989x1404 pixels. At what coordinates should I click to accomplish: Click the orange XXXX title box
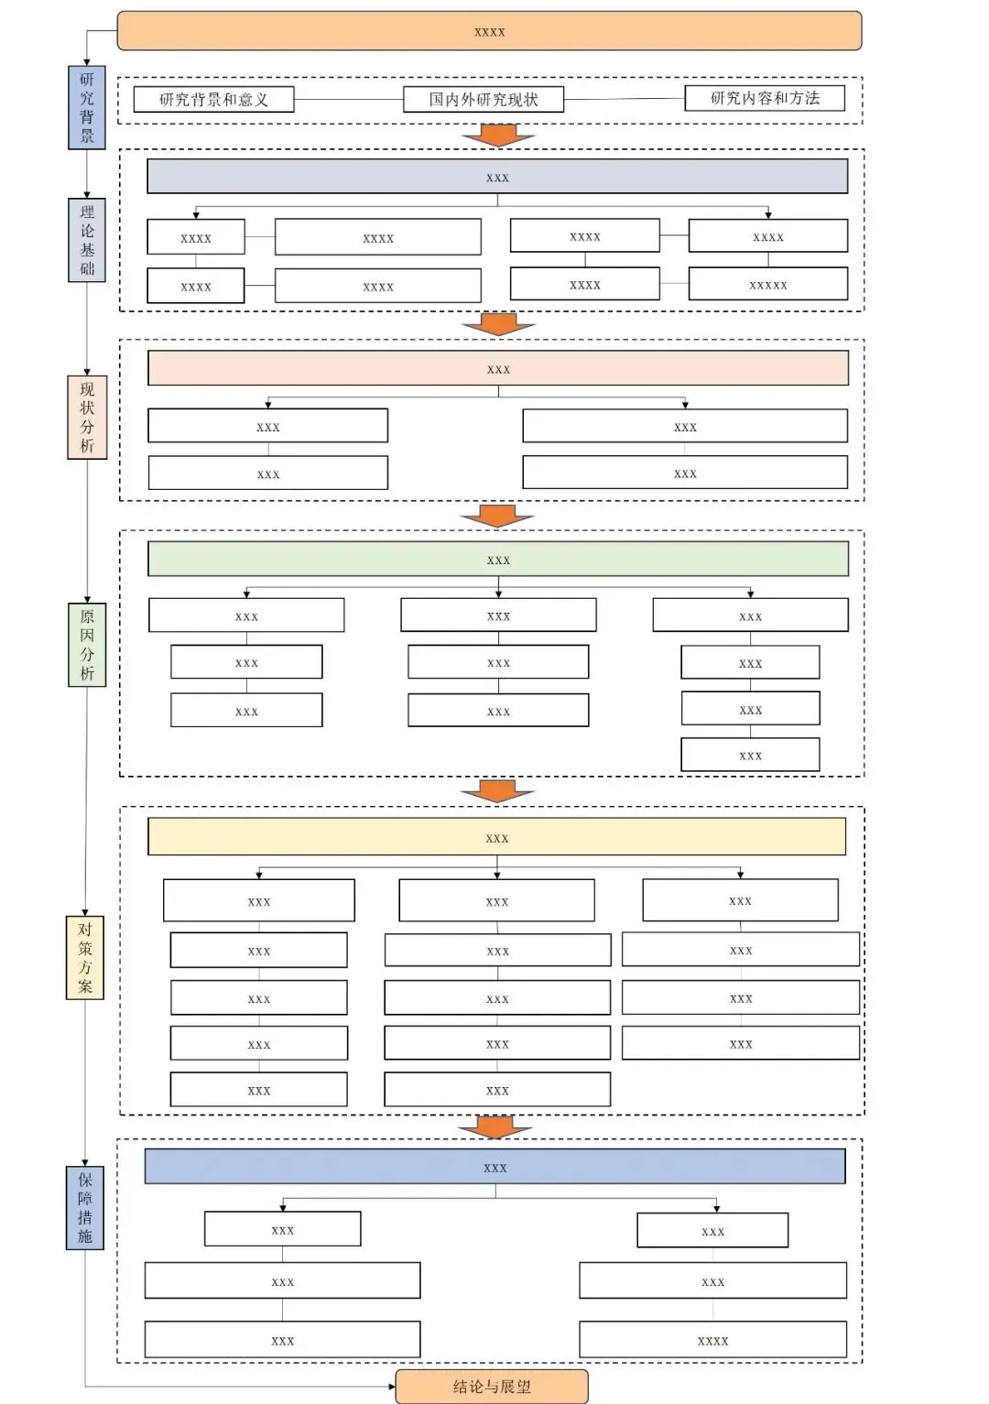coord(489,30)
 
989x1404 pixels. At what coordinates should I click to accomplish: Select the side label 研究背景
coord(86,107)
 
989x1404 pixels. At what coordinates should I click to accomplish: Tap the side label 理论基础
coord(86,240)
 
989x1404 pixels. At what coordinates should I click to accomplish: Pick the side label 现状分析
coord(86,418)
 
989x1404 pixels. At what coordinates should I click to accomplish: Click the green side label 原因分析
coord(86,645)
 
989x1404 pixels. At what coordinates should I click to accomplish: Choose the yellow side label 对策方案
coord(84,957)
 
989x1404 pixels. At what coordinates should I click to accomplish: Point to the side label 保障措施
coord(84,1208)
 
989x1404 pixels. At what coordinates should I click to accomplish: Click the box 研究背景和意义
coord(213,99)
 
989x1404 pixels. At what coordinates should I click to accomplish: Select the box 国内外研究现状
coord(484,99)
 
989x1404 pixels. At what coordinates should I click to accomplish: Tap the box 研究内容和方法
coord(765,98)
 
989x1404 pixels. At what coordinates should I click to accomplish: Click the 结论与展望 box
coord(492,1387)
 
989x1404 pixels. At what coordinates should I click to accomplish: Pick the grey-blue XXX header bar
coord(497,176)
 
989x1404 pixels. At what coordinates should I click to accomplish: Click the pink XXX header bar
coord(498,368)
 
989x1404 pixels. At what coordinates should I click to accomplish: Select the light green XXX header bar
coord(498,559)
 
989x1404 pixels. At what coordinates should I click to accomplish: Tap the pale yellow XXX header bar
coord(497,836)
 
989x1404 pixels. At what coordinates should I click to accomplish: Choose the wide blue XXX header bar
coord(495,1167)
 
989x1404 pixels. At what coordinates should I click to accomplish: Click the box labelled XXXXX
coord(768,284)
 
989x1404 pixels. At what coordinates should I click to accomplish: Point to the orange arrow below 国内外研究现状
coord(499,136)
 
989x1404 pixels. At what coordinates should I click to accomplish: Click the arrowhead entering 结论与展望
coord(392,1387)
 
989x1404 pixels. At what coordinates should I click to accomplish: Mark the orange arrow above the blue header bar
coord(495,1126)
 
